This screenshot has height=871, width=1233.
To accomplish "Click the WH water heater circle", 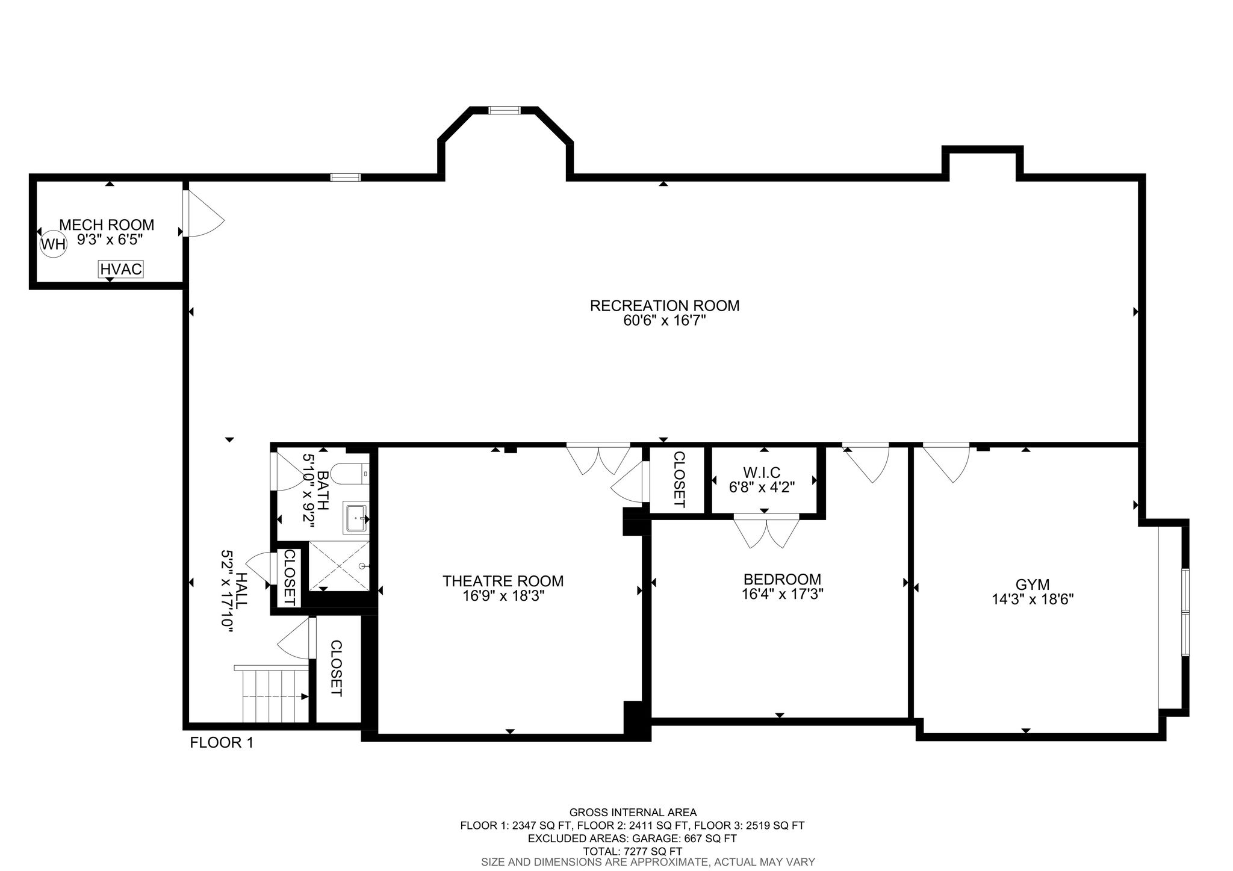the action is click(x=52, y=245).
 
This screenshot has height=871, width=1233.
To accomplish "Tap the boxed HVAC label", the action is click(x=121, y=269).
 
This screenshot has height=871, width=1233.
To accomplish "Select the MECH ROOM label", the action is click(x=107, y=225).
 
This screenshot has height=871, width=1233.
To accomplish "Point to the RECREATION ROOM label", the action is click(x=665, y=306).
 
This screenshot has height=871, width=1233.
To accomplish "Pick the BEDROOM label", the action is click(x=782, y=579).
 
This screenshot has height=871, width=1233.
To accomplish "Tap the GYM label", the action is click(x=1033, y=584).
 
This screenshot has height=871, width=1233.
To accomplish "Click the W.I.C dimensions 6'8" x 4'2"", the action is click(x=762, y=487).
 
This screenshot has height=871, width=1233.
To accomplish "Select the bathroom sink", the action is click(x=355, y=518).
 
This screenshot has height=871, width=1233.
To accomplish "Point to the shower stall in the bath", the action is click(x=339, y=566).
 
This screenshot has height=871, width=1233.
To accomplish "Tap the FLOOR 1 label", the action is click(x=222, y=743).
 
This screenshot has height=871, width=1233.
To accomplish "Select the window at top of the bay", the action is click(x=504, y=110).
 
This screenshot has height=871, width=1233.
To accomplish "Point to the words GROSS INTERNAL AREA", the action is click(x=633, y=813).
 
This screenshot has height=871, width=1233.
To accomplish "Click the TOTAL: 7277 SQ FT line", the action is click(x=633, y=851).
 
